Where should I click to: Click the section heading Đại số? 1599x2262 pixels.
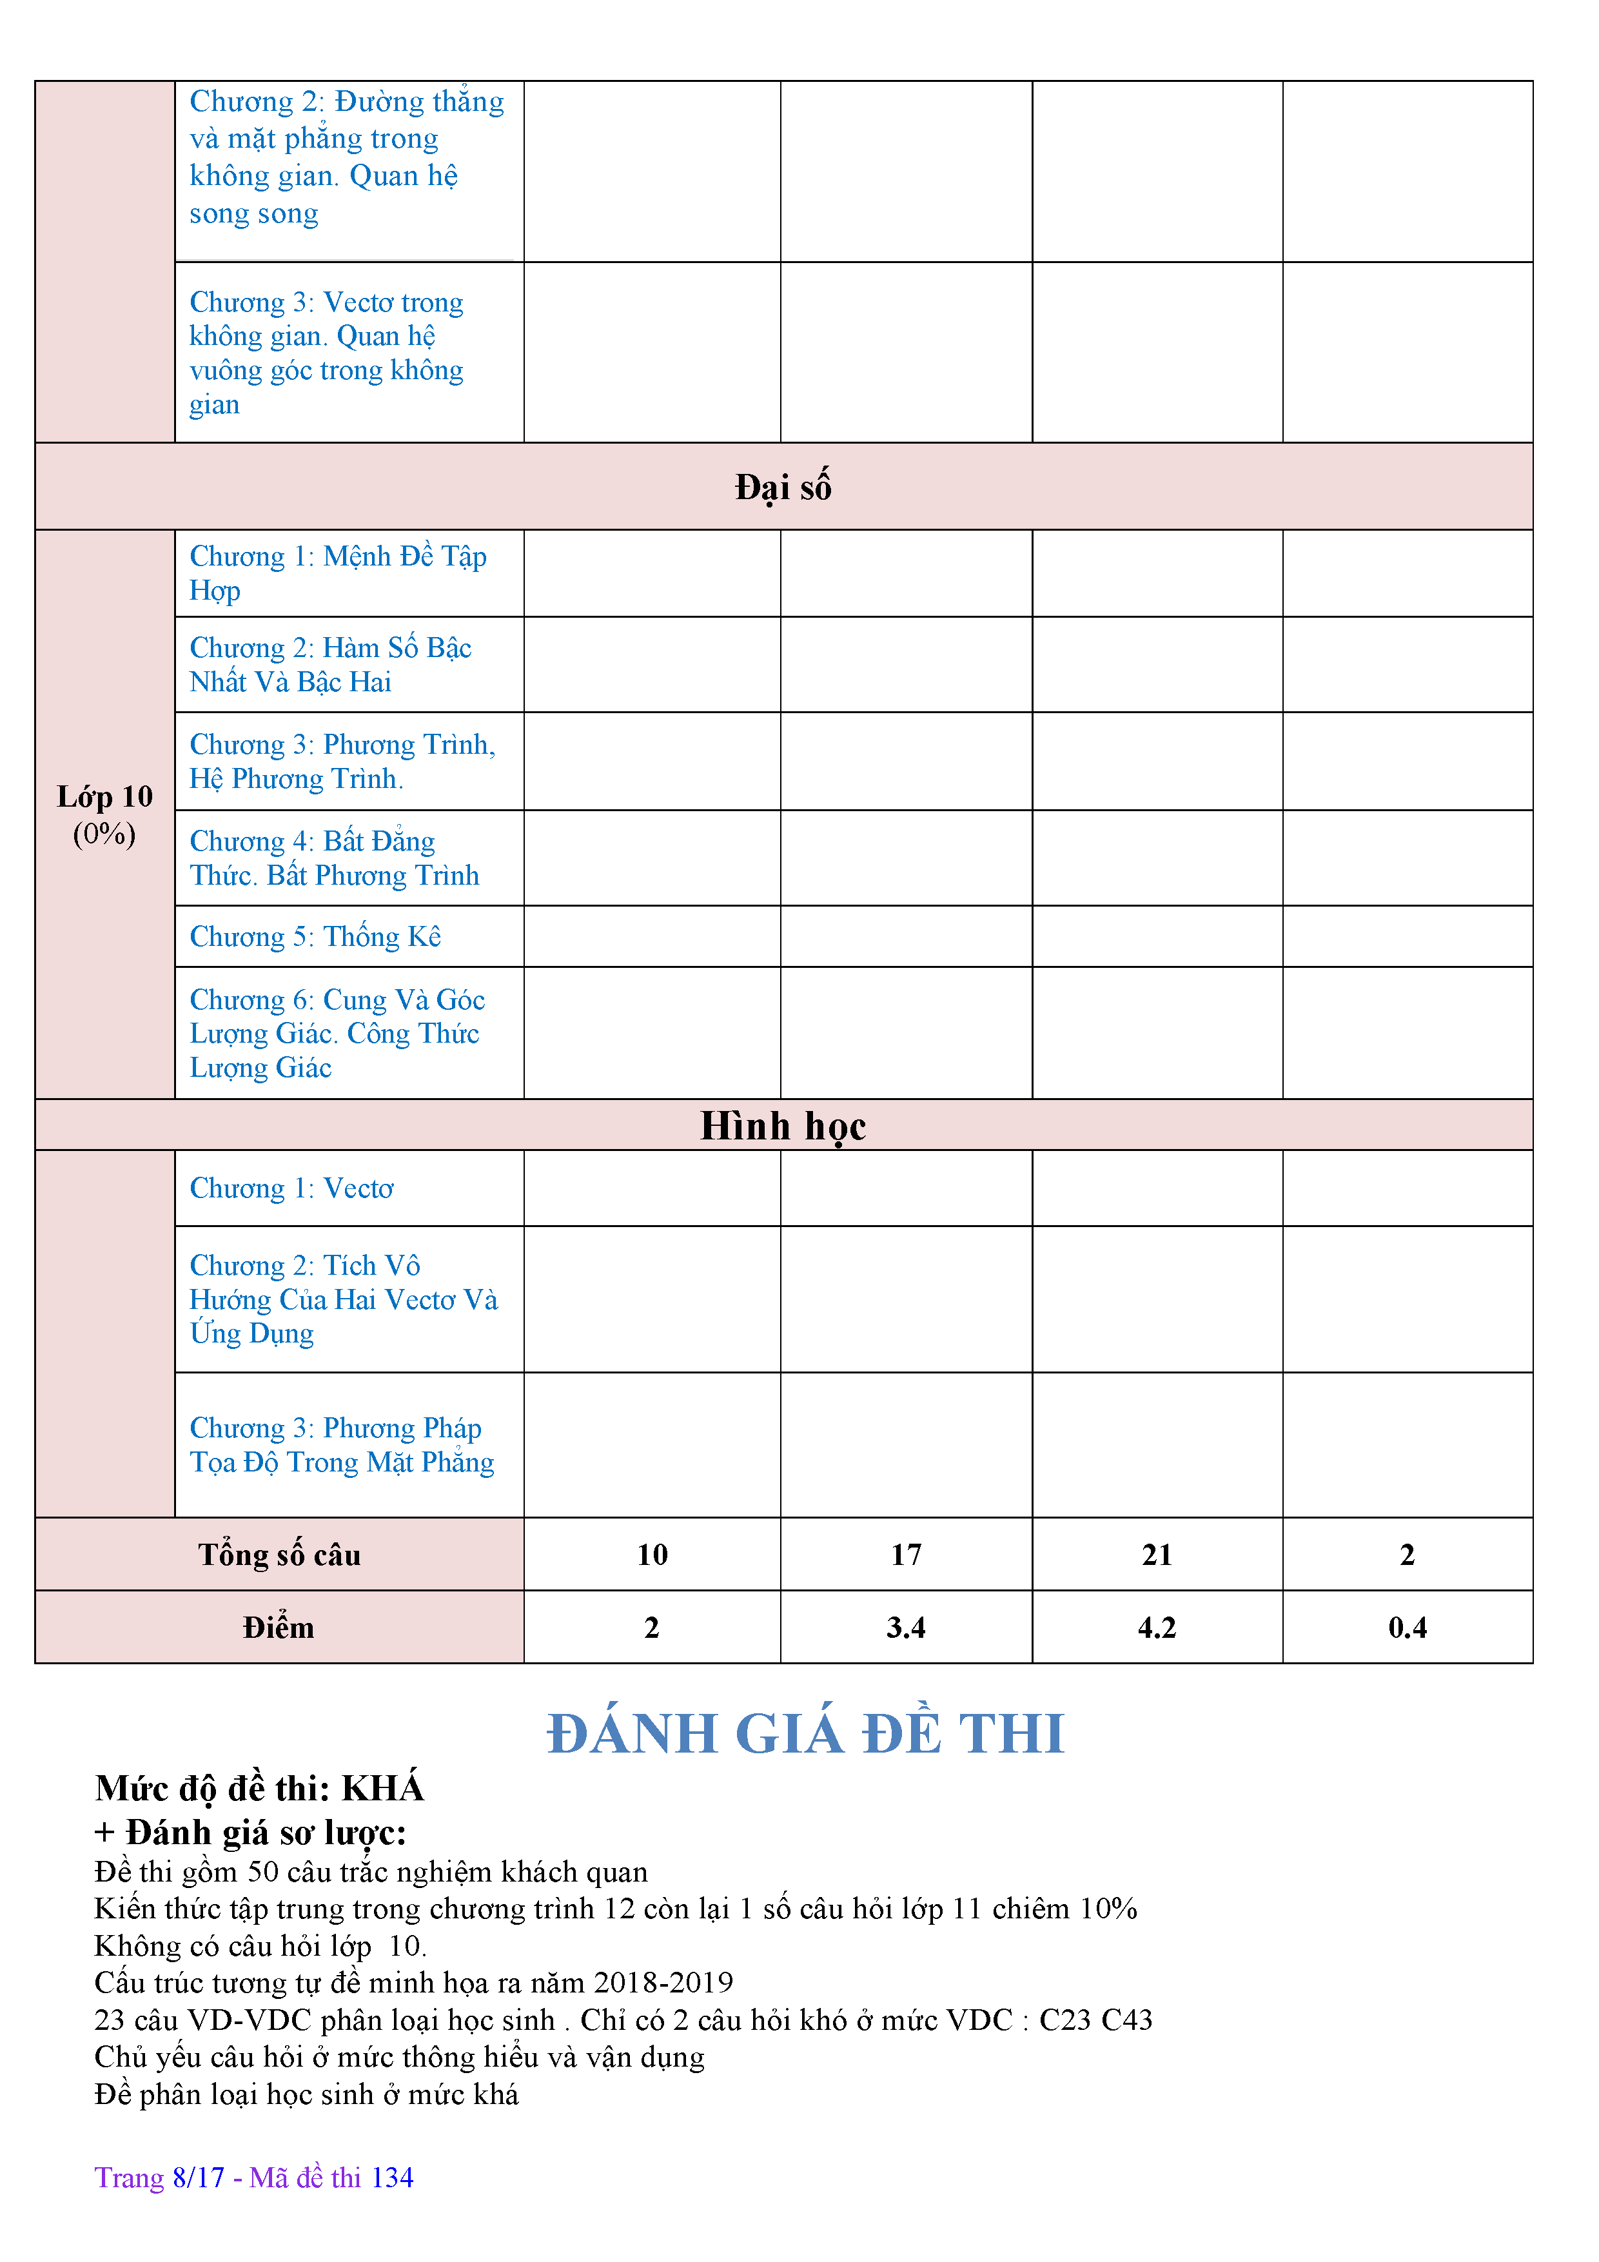[x=783, y=487]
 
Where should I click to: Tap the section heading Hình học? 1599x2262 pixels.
[x=783, y=1126]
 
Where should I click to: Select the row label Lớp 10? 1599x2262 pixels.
[x=104, y=797]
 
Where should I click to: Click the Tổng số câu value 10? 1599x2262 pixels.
[x=652, y=1555]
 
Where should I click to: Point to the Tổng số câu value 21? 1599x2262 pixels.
[x=1157, y=1555]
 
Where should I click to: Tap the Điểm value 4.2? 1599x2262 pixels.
[x=1157, y=1628]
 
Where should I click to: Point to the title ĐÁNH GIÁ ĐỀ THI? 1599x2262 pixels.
[x=806, y=1734]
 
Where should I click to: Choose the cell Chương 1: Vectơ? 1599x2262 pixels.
[x=291, y=1189]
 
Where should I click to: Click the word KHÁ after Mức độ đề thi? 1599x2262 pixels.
[x=382, y=1788]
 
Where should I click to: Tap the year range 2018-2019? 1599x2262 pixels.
[x=663, y=1982]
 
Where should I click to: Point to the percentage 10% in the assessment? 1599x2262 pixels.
[x=1108, y=1908]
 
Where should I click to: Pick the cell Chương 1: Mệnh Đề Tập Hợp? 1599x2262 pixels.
[x=338, y=573]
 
